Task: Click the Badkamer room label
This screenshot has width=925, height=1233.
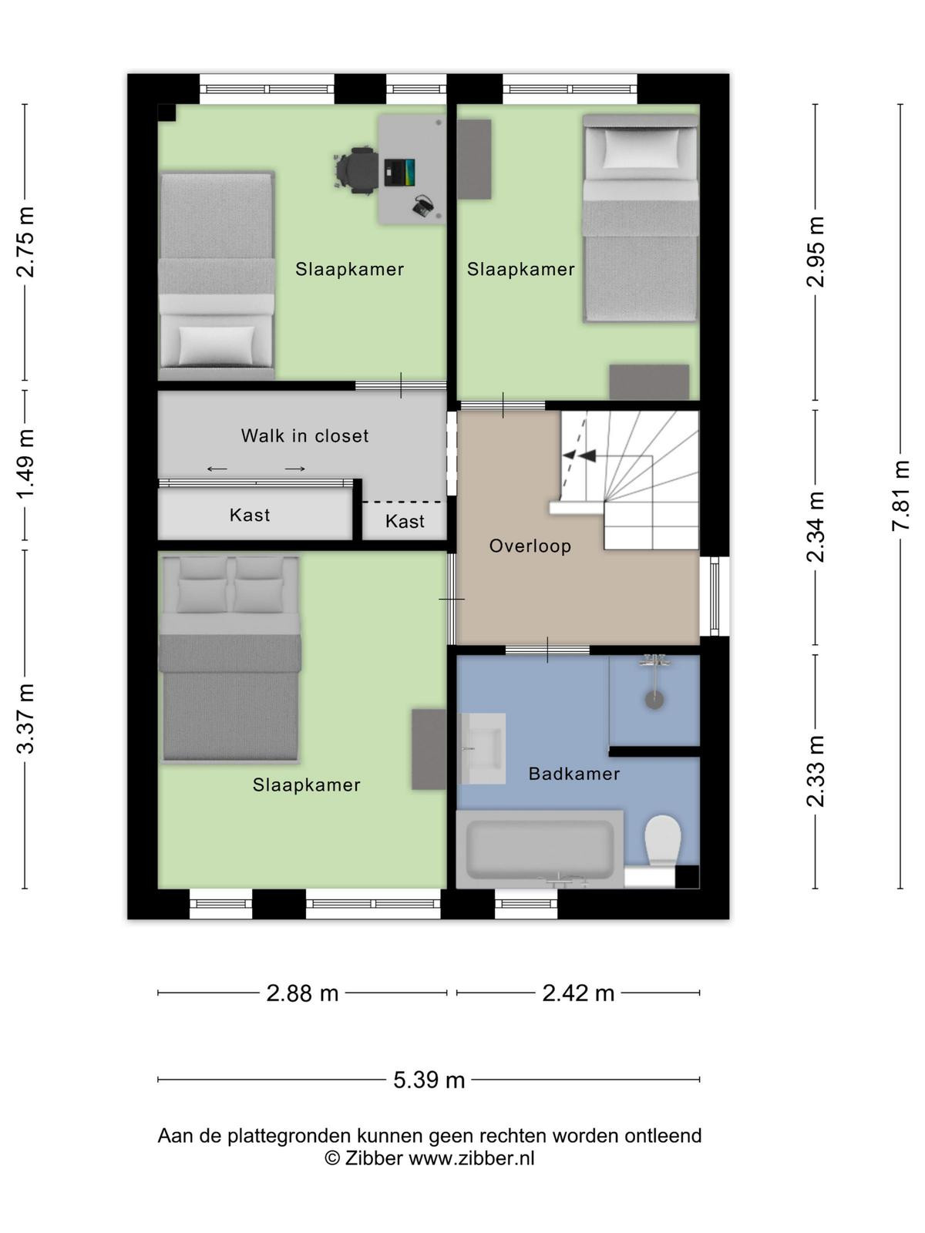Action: pyautogui.click(x=574, y=774)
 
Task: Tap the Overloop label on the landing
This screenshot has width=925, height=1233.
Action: pyautogui.click(x=530, y=546)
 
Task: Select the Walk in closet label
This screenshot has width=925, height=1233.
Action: pyautogui.click(x=305, y=436)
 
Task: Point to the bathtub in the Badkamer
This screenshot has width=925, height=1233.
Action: pyautogui.click(x=540, y=849)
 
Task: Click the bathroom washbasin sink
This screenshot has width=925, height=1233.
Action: pyautogui.click(x=483, y=748)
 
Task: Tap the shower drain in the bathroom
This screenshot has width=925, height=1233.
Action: pyautogui.click(x=654, y=700)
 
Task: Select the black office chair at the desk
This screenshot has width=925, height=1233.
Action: pyautogui.click(x=355, y=170)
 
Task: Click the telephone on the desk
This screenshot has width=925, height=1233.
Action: pyautogui.click(x=422, y=207)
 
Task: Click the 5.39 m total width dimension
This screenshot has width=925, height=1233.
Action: pyautogui.click(x=429, y=1080)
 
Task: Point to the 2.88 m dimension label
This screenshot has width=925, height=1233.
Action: pyautogui.click(x=302, y=993)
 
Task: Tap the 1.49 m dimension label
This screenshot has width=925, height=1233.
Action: pyautogui.click(x=26, y=464)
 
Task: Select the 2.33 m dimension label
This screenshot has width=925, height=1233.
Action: pyautogui.click(x=815, y=771)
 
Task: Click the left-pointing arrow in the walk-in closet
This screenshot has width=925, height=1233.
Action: pyautogui.click(x=217, y=469)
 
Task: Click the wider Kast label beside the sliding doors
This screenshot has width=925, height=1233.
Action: pyautogui.click(x=250, y=515)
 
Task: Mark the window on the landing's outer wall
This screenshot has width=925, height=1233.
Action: pyautogui.click(x=715, y=596)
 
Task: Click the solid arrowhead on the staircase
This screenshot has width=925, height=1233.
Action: pyautogui.click(x=588, y=455)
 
